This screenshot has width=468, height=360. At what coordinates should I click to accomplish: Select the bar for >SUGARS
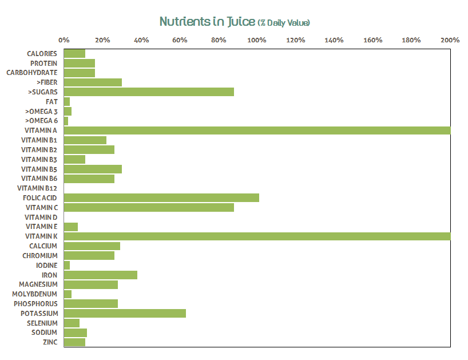[x=149, y=92]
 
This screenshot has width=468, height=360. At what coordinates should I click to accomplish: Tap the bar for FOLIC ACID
[x=161, y=198]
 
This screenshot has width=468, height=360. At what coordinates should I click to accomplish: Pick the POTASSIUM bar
[x=125, y=314]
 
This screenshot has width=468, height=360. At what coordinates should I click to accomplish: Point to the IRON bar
[x=101, y=275]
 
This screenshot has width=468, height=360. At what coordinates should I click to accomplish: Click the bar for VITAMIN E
[x=71, y=227]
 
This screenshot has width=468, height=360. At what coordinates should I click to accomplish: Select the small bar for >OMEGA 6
[x=66, y=121]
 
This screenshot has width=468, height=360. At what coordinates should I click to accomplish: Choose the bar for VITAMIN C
[x=149, y=207]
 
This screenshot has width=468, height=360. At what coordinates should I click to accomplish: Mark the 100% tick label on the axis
[x=257, y=40]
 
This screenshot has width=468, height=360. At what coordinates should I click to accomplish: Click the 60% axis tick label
[x=180, y=40]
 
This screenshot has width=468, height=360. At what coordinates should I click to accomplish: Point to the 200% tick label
[x=450, y=40]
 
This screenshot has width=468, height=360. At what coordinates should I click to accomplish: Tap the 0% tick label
[x=64, y=40]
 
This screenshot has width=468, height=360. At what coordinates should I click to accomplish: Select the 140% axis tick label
[x=334, y=40]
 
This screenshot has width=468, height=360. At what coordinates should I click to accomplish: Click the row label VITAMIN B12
[x=38, y=188]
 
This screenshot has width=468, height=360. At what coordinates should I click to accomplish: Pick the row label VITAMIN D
[x=41, y=217]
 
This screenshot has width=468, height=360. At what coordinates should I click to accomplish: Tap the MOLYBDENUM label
[x=35, y=294]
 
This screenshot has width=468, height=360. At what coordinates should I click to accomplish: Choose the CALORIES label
[x=42, y=54]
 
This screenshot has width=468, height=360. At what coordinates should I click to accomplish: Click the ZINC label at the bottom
[x=50, y=342]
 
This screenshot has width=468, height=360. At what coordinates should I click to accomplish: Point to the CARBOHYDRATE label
[x=32, y=73]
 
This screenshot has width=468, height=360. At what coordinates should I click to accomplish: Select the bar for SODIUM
[x=76, y=333]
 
